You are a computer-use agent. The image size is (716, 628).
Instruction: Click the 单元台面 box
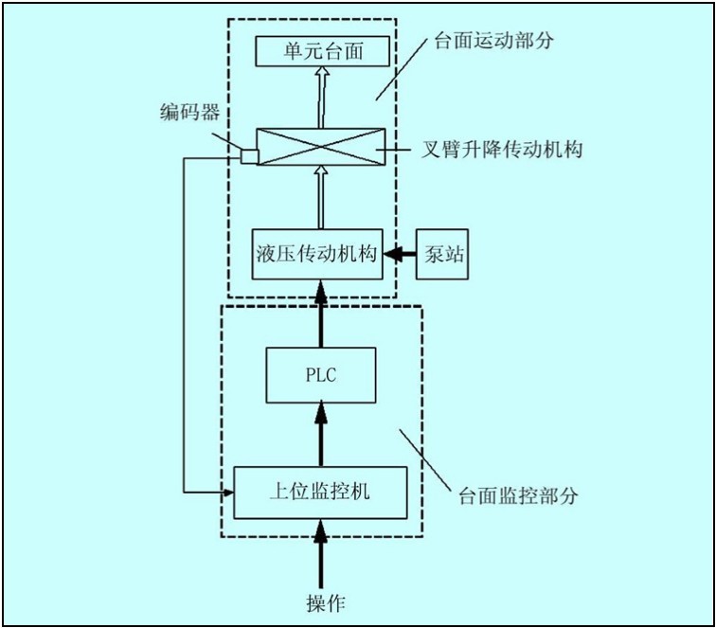(322, 51)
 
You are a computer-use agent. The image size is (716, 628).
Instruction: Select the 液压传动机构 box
(317, 254)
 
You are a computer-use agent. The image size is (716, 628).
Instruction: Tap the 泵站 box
(442, 254)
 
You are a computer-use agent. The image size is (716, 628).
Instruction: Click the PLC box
(321, 375)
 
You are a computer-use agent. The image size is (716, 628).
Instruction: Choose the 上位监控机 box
(320, 492)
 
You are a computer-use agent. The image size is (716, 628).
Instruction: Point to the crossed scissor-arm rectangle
(321, 147)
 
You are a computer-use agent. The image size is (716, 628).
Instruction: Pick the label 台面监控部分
(517, 495)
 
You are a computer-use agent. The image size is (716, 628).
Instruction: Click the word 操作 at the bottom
(321, 603)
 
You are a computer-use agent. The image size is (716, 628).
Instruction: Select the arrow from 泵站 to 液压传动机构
(399, 254)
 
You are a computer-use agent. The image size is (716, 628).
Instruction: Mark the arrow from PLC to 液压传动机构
(321, 313)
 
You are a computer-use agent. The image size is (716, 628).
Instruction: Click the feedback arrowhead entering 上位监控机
(227, 492)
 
